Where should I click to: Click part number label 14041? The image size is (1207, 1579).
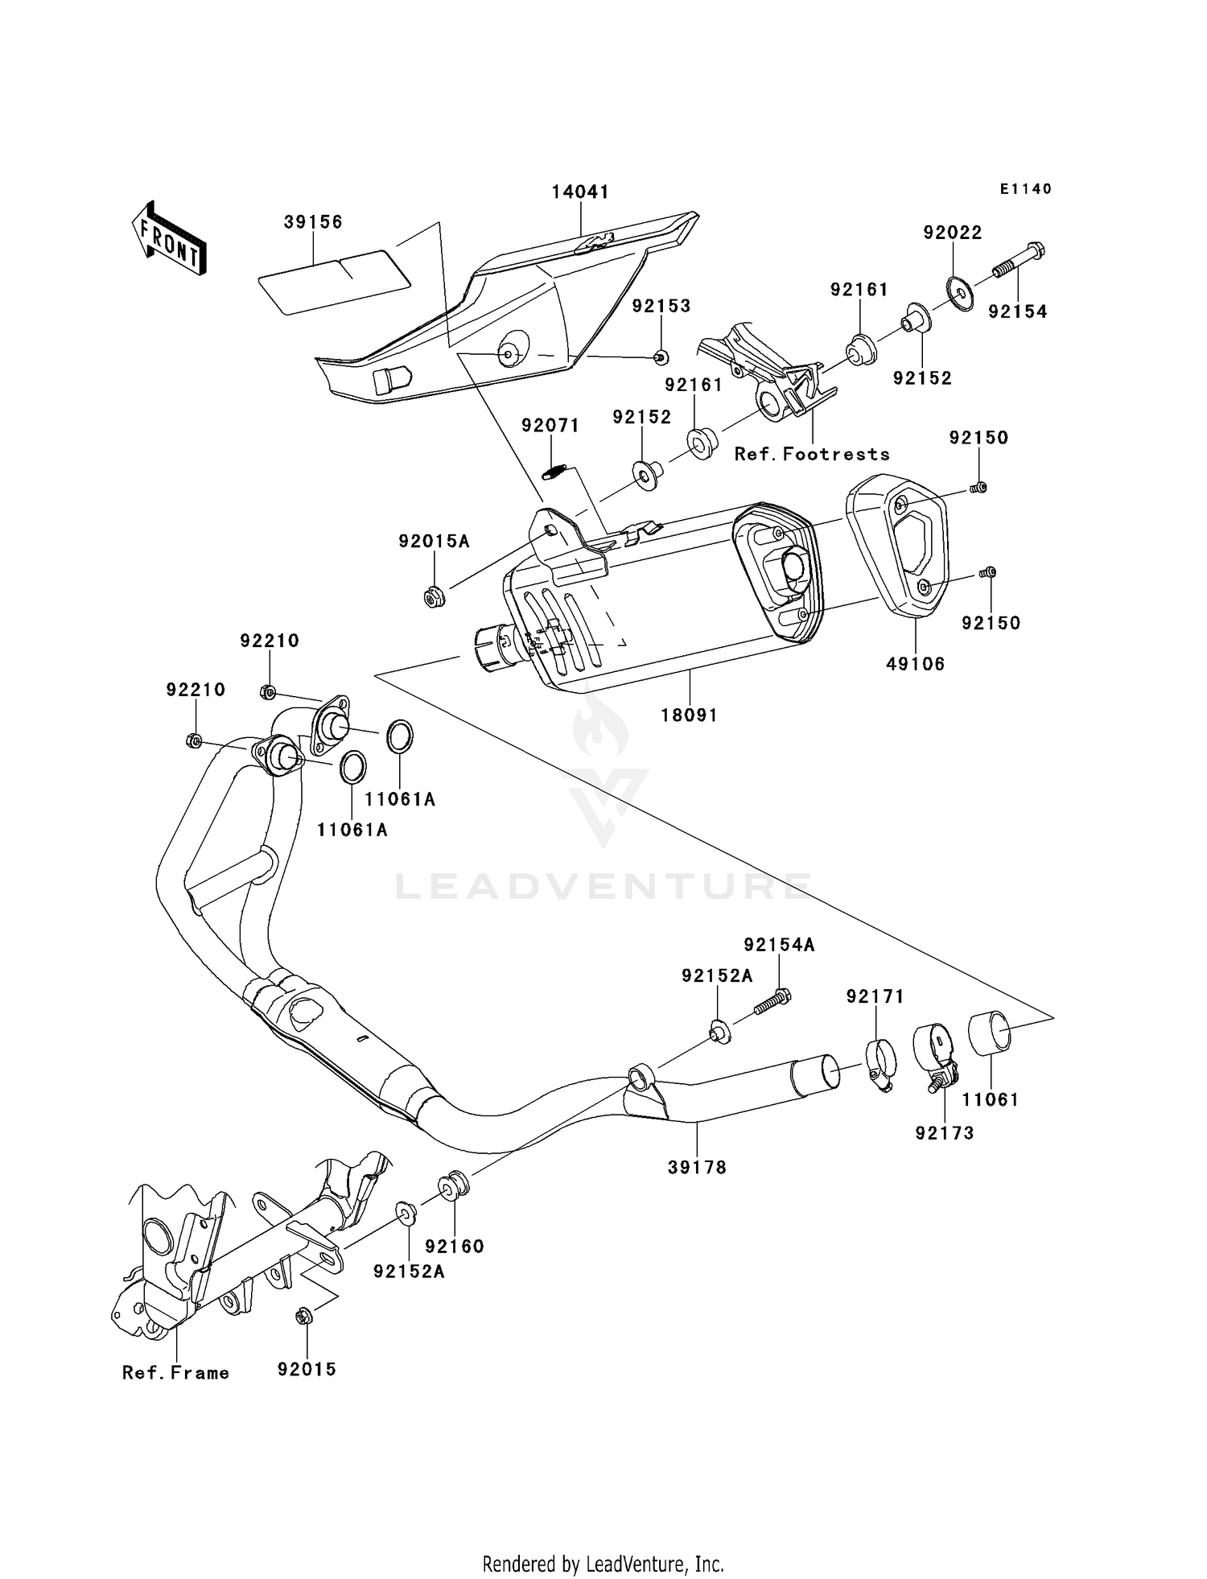(x=579, y=192)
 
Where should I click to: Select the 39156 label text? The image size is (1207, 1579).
(x=313, y=222)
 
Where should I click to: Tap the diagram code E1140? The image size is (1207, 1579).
(x=1025, y=189)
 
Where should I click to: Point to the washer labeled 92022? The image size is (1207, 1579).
(x=960, y=292)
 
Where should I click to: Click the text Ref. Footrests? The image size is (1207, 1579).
(x=811, y=454)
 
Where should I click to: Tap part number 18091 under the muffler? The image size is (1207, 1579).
(x=689, y=715)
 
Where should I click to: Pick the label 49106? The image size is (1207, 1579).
(x=915, y=664)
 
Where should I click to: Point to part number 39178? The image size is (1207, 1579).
(x=697, y=1167)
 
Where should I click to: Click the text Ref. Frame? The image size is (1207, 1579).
(x=175, y=1373)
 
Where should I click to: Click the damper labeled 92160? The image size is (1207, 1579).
(x=452, y=1185)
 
